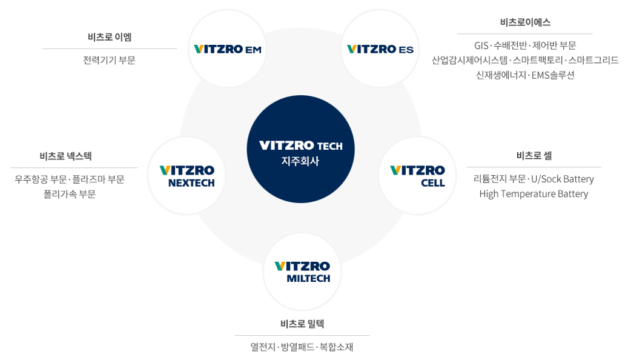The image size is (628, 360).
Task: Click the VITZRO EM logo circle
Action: (227, 48)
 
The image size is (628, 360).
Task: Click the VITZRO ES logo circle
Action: (380, 48)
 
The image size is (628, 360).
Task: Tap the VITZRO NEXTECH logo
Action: (187, 176)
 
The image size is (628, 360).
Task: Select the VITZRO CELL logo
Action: (417, 176)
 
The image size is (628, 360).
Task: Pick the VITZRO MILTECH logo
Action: (302, 272)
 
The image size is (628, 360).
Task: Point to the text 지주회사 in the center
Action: (300, 161)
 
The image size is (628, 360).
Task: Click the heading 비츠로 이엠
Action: (110, 37)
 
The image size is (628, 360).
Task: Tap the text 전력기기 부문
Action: (110, 60)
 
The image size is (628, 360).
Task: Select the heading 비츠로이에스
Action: (525, 22)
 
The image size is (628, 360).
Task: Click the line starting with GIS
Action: (525, 45)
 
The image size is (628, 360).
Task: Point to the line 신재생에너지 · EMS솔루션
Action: (525, 75)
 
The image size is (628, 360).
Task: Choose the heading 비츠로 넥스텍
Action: (66, 156)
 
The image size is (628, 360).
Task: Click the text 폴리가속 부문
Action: (70, 194)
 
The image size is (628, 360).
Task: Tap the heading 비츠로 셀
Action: (534, 155)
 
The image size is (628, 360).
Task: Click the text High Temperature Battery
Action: (534, 194)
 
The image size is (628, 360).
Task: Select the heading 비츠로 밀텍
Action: (302, 324)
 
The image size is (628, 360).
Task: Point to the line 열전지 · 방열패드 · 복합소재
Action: (302, 347)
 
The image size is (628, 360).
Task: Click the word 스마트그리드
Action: (593, 60)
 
